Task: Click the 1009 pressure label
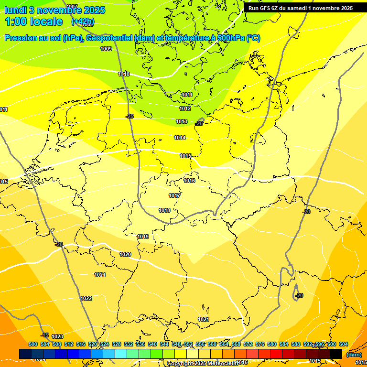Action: click(x=106, y=49)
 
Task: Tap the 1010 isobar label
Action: click(x=124, y=74)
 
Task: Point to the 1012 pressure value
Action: click(x=185, y=108)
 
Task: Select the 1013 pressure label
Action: click(x=182, y=122)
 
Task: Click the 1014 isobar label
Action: click(x=180, y=138)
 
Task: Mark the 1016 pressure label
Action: click(x=189, y=181)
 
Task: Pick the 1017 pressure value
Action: click(x=174, y=195)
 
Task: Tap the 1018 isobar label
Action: click(x=164, y=210)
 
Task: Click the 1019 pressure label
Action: click(x=143, y=237)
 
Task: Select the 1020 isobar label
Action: click(x=125, y=254)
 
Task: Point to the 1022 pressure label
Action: click(x=86, y=298)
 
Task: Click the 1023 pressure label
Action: click(x=57, y=336)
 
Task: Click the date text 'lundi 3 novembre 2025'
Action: click(x=49, y=9)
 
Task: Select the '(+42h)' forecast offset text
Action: click(x=83, y=22)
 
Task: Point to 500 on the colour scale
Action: click(x=33, y=344)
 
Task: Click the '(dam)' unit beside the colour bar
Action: click(x=354, y=354)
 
